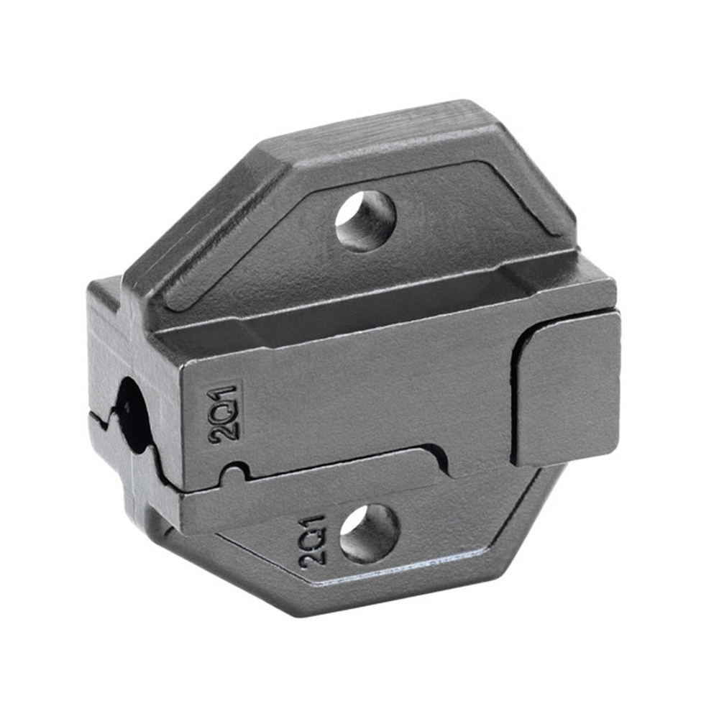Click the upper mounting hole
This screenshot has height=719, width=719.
[x=365, y=221]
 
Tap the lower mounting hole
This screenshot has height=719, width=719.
[x=370, y=533]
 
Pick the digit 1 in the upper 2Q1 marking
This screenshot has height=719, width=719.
[x=223, y=393]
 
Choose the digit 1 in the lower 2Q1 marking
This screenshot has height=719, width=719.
[x=313, y=521]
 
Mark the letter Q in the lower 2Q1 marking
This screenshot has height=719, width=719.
[x=314, y=540]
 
